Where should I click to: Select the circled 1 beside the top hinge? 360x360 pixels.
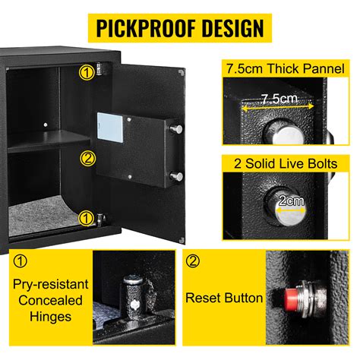click(88, 73)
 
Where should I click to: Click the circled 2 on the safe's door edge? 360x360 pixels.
click(88, 159)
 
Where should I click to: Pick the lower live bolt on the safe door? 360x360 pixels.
click(177, 177)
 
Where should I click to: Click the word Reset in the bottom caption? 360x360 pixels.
click(204, 298)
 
